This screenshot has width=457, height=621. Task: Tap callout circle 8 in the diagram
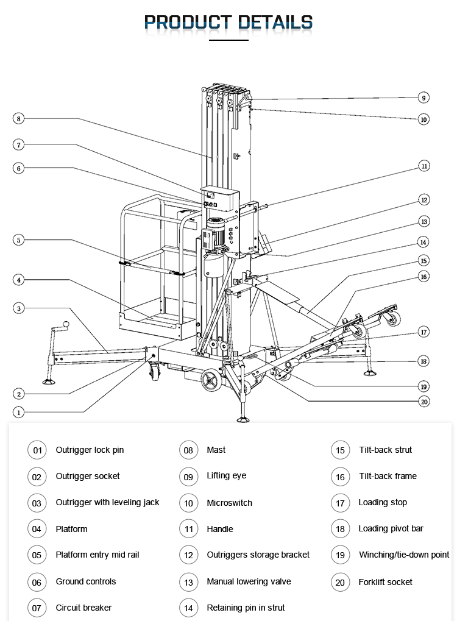(19, 119)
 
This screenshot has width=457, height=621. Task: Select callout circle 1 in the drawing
(19, 413)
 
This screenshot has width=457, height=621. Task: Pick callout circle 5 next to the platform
(19, 240)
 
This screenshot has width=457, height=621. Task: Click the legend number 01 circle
(37, 450)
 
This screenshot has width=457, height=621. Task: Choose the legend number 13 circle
(188, 582)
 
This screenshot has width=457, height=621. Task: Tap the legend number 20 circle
(340, 583)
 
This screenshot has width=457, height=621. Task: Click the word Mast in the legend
(216, 450)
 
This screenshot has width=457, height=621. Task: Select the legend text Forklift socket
(385, 582)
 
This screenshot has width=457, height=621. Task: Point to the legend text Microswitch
(229, 503)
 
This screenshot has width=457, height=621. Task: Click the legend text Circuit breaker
(83, 608)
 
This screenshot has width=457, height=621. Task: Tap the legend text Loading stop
(383, 502)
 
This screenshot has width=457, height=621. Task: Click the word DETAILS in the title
(275, 23)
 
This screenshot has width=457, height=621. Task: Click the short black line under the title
(228, 40)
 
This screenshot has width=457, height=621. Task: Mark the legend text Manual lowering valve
(249, 581)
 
